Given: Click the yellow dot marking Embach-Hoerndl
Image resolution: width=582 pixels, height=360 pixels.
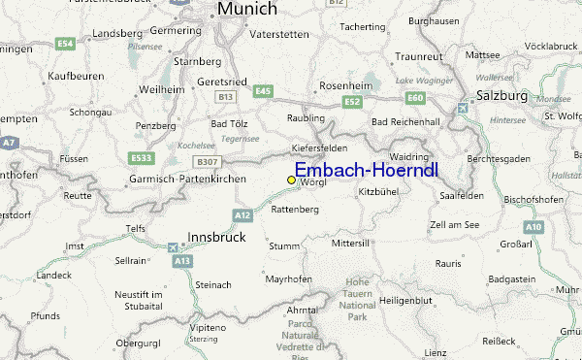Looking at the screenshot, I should tap(291, 180).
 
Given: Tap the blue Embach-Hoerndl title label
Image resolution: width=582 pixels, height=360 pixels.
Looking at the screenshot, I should tap(366, 171).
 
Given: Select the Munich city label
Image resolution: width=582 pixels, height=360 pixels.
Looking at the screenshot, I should tap(246, 9).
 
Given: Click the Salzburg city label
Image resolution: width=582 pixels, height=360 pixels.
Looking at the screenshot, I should tap(501, 96).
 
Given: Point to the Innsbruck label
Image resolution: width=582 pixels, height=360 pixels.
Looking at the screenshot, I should tap(215, 237).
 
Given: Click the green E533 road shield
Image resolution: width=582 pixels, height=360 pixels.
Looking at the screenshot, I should tap(141, 157).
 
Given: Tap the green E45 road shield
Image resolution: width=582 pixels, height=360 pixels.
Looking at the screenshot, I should tap(263, 90).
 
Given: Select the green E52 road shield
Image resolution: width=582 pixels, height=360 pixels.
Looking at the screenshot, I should tap(352, 101).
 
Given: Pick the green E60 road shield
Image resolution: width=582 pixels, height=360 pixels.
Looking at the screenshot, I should tap(416, 97).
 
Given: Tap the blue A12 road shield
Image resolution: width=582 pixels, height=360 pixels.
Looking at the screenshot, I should tap(242, 214).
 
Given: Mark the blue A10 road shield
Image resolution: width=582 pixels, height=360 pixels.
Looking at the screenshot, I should tap(533, 226).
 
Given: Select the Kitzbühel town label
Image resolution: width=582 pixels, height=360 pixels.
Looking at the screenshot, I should tap(379, 193).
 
